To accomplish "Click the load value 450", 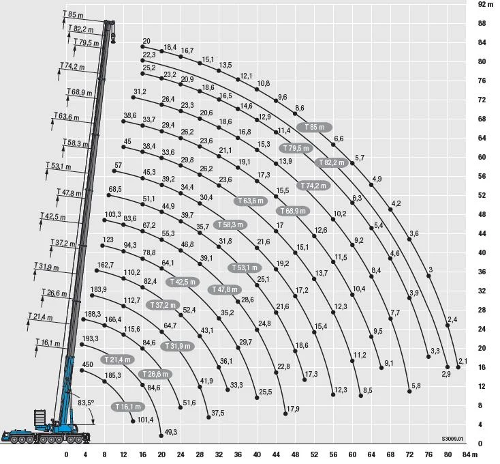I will point(87,365).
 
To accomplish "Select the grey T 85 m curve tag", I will point(315,128).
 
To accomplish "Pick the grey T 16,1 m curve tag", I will point(127,407).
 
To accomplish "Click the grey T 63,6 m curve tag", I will point(251,201).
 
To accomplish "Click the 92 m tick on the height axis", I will point(485,4).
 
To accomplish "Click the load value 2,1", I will point(463,361).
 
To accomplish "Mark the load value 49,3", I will point(170,433).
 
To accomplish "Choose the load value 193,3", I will point(90,338).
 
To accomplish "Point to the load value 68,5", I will point(115,189).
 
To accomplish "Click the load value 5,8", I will point(416,386).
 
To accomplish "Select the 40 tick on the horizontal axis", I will point(257,455).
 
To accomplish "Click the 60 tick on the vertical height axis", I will point(482,157).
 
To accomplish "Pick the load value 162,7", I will point(106,265).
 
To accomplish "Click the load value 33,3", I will point(236,386).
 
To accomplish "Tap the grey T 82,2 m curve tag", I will point(332,163).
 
